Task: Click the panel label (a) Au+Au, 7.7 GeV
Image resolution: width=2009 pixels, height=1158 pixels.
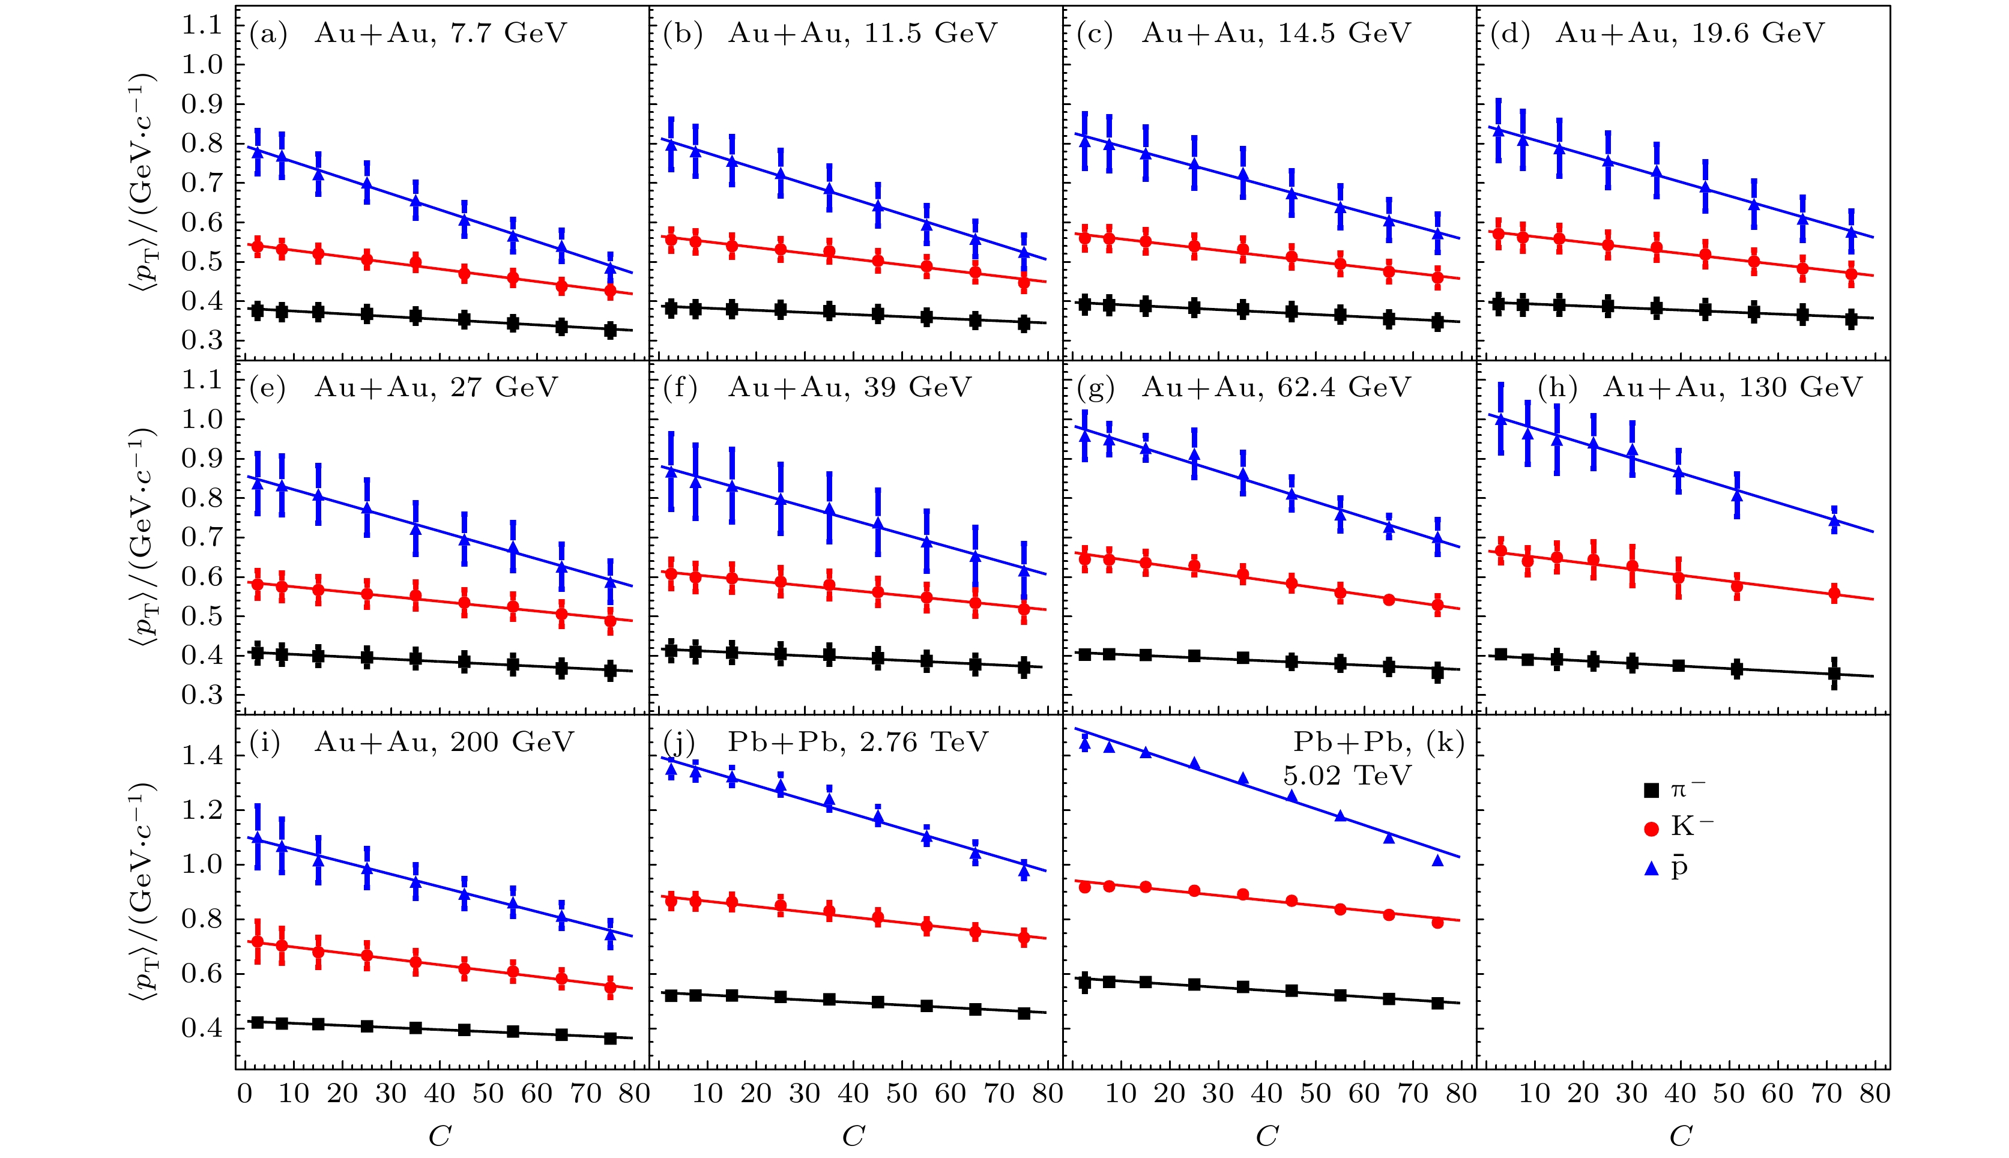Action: point(408,34)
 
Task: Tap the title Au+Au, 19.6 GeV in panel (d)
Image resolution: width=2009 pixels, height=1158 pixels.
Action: point(1690,34)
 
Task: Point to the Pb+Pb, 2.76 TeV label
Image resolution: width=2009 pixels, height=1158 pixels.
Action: point(857,742)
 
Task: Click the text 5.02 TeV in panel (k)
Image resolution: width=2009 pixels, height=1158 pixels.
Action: point(1347,776)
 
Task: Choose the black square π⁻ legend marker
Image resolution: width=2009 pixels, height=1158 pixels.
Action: point(1651,791)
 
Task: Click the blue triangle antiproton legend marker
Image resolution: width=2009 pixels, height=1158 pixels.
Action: point(1651,869)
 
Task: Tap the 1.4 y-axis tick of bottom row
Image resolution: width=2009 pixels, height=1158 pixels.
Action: point(203,756)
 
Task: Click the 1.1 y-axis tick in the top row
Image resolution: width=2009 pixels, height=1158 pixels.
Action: point(203,25)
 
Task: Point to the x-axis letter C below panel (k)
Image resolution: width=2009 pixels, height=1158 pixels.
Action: point(1266,1136)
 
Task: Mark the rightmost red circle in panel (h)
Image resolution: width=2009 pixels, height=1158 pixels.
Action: point(1834,593)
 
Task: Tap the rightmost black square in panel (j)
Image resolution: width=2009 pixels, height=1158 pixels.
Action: point(1024,1013)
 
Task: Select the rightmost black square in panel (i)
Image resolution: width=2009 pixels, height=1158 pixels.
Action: point(610,1038)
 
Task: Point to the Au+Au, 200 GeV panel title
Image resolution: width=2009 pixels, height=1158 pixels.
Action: point(444,742)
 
